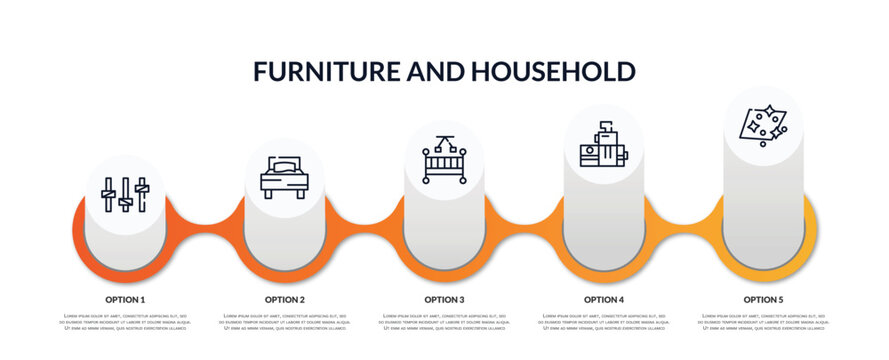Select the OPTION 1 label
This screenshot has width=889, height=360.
(x=125, y=299)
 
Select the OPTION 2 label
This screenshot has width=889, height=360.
(x=285, y=299)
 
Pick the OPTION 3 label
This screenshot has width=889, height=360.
(x=444, y=299)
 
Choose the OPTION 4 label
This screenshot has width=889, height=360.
(x=604, y=299)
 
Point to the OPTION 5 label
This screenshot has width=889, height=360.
(x=763, y=299)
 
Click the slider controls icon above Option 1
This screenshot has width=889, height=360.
(x=125, y=194)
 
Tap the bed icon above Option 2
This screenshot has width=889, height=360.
(x=284, y=177)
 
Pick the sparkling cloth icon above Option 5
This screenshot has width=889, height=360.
(x=762, y=124)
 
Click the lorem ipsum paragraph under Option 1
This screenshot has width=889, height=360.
(x=125, y=323)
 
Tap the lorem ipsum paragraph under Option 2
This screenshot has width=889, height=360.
(x=285, y=323)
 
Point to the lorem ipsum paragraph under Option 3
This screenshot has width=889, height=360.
(x=444, y=323)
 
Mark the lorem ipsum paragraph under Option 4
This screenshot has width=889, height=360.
(x=604, y=323)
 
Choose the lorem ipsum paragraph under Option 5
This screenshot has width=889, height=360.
(x=763, y=323)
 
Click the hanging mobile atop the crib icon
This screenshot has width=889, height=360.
(x=444, y=141)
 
